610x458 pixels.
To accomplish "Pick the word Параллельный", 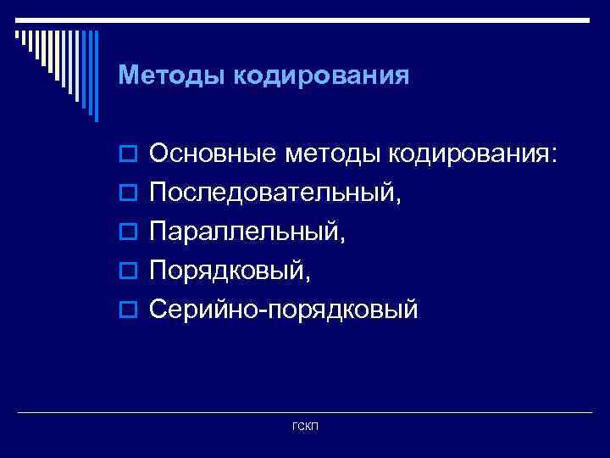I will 242,232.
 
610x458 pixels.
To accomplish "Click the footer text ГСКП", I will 305,425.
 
